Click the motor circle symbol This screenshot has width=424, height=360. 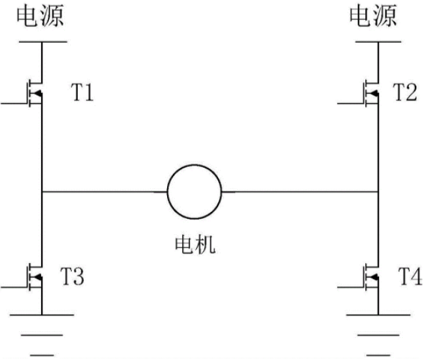(167, 191)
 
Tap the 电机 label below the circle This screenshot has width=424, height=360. (195, 245)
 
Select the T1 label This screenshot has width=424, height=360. (82, 92)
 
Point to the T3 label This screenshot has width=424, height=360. (72, 276)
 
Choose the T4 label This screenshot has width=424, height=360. (410, 276)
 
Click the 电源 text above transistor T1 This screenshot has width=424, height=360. (40, 16)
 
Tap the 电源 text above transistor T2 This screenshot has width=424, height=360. (373, 16)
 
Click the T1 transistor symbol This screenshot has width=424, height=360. (35, 93)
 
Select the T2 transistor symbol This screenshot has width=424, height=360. (371, 93)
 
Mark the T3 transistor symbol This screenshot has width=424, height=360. (35, 277)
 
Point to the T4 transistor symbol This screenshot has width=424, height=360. (371, 277)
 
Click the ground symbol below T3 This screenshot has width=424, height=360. (42, 335)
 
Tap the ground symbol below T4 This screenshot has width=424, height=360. (378, 335)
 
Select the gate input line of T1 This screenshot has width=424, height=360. (14, 103)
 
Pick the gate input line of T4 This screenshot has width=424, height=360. (351, 288)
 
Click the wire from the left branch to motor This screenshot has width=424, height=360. (104, 192)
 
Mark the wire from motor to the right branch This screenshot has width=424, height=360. (300, 192)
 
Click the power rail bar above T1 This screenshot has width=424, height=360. (43, 42)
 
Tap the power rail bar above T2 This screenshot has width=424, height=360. (378, 42)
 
